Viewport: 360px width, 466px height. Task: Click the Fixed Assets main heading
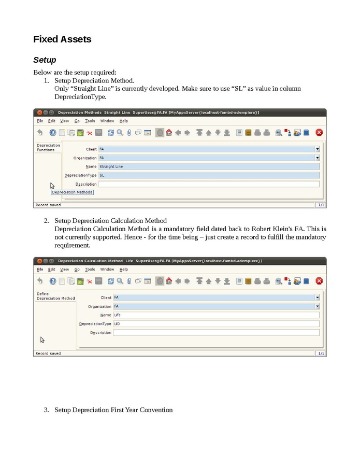[62, 39]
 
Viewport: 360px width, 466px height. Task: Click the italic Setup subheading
[45, 60]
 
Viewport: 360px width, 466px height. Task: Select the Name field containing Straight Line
[209, 167]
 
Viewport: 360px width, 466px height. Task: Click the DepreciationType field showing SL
[209, 176]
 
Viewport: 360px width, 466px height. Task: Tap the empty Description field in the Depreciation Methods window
[209, 184]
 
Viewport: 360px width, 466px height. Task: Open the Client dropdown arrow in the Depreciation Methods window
[317, 149]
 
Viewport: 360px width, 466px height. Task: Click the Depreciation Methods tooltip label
[72, 192]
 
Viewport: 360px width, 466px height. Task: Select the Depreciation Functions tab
[48, 148]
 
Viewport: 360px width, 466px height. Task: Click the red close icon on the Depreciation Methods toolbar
[319, 133]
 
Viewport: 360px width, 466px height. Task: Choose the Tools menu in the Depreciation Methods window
[90, 121]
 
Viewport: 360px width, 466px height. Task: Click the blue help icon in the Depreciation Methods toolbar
[52, 133]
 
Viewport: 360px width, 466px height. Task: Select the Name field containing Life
[216, 315]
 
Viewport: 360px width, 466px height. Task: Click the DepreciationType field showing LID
[216, 324]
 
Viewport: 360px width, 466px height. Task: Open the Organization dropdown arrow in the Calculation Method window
[317, 306]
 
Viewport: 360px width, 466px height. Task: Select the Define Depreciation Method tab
[55, 296]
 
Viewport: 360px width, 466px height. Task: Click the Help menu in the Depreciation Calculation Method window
[123, 270]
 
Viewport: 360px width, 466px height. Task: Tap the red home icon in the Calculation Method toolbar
[169, 281]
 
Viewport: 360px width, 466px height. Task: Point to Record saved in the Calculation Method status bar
[48, 354]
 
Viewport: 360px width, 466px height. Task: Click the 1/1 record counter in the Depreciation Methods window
[321, 205]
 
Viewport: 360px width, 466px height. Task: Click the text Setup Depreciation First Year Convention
[113, 410]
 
